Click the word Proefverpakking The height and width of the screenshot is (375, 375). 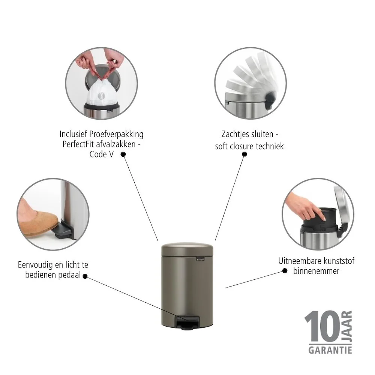[116, 134]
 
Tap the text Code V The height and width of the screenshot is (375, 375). [101, 154]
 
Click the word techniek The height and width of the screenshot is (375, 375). [269, 146]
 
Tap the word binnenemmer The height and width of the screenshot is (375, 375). [316, 271]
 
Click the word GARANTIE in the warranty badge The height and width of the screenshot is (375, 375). [330, 350]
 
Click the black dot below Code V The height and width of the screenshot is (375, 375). [123, 154]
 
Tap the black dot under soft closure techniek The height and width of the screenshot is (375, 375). [244, 154]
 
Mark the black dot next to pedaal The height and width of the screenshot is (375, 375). [85, 276]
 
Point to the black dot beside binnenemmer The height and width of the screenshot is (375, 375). [285, 271]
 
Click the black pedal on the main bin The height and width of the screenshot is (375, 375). [187, 322]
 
